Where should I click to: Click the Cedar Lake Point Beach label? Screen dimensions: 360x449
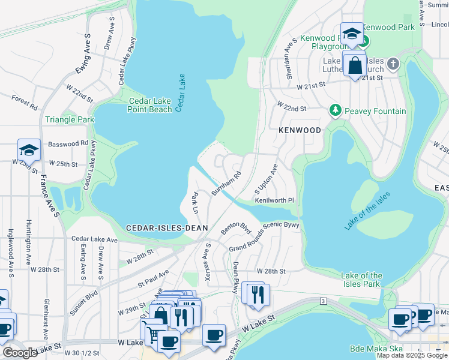coord(150,105)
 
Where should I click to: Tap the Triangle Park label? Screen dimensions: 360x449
coord(70,119)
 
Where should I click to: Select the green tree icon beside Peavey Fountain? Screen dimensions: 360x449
coord(336,111)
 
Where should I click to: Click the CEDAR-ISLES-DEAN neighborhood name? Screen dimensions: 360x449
coord(167,227)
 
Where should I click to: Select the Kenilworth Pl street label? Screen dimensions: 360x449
coord(274,200)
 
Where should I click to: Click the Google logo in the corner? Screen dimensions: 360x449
coord(19,352)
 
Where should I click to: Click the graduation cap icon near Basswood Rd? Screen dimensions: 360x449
coord(29,149)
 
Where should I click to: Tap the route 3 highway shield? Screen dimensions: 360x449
coord(323,300)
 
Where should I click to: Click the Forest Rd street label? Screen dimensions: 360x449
coord(24,102)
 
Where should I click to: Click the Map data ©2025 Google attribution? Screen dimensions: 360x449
coord(412,355)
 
